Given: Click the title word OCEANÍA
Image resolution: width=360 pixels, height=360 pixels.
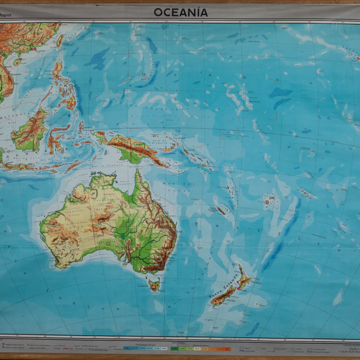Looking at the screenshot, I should point(181,12).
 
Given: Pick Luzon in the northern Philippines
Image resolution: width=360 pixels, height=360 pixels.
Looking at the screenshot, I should point(58,69).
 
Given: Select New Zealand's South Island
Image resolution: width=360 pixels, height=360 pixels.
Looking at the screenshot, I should point(223,297).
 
